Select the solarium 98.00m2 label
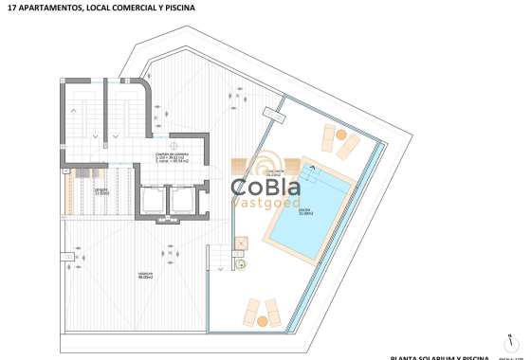point(144,275)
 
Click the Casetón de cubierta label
point(173,154)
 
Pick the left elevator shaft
point(150,201)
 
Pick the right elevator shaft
point(180,201)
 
